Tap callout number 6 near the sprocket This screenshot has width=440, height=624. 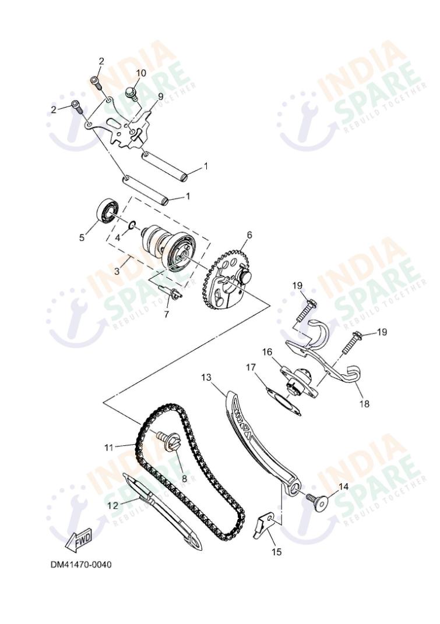[x=249, y=235]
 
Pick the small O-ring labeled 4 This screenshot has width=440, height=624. [x=133, y=225]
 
